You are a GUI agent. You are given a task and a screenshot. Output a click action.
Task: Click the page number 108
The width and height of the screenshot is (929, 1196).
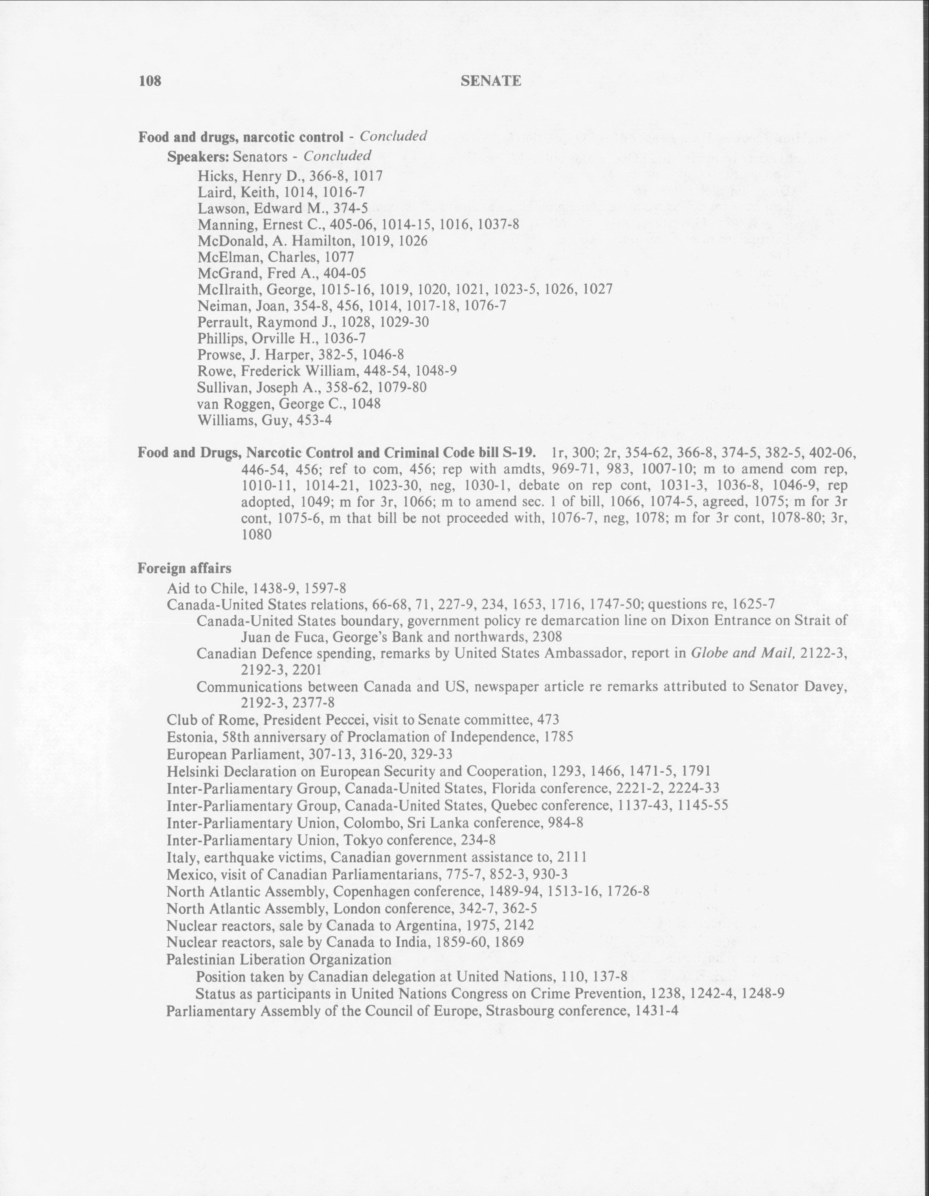click(150, 81)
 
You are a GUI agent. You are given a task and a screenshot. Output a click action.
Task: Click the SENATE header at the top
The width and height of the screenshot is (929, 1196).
click(491, 81)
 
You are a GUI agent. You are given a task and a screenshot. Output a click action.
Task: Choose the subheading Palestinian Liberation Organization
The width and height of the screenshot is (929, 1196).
click(279, 959)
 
